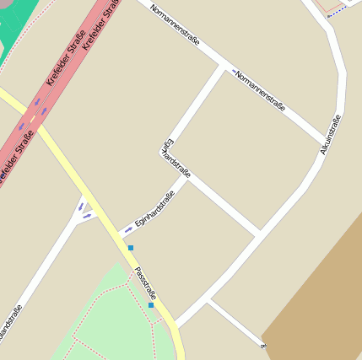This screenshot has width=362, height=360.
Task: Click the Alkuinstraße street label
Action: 331,135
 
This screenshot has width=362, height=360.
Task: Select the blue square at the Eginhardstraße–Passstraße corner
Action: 131,248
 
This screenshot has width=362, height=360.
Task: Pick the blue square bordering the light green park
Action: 151,305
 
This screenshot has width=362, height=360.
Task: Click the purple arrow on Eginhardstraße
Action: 128,229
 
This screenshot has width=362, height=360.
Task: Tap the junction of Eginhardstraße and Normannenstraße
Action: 225,69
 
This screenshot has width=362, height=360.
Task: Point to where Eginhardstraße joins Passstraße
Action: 121,235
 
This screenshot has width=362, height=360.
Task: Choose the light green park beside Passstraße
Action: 110,320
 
